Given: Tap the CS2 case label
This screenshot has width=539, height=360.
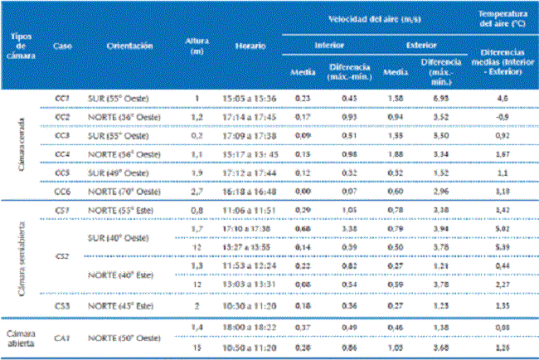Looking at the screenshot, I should pos(60,257).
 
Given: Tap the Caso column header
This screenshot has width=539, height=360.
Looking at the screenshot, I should pos(61,46).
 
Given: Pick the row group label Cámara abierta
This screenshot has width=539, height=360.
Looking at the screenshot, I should pos(23,329).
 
